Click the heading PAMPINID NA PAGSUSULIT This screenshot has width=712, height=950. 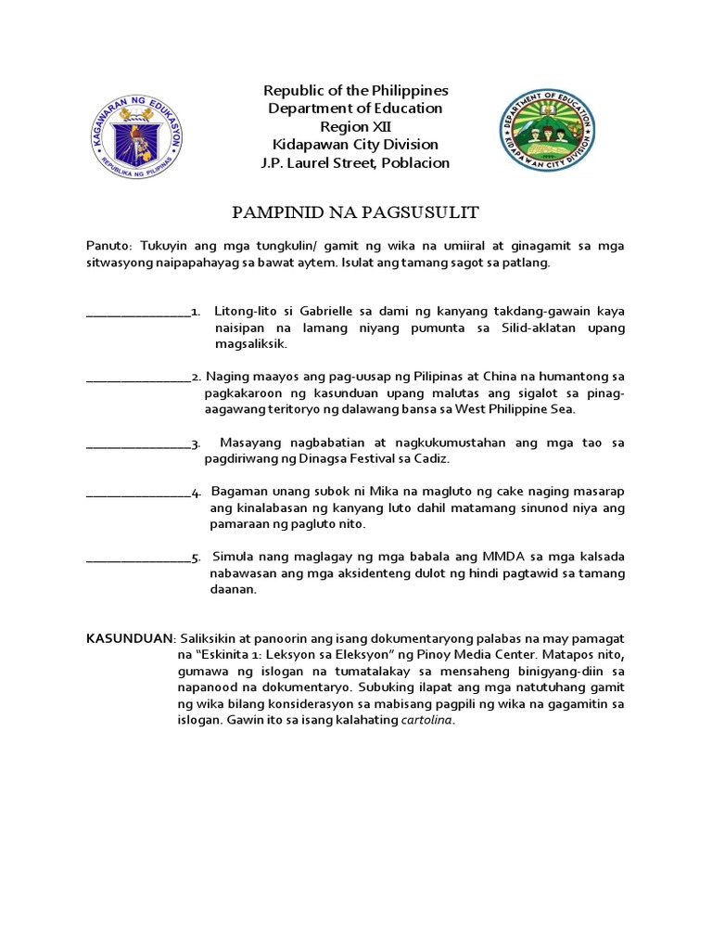point(355,213)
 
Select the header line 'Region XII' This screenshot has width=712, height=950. point(355,126)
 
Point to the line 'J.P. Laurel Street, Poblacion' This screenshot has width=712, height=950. point(356,163)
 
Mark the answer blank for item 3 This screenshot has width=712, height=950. point(137,443)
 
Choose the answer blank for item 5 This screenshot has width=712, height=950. point(137,558)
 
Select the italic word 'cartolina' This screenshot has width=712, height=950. point(427,722)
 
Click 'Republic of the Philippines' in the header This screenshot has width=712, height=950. point(356,90)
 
